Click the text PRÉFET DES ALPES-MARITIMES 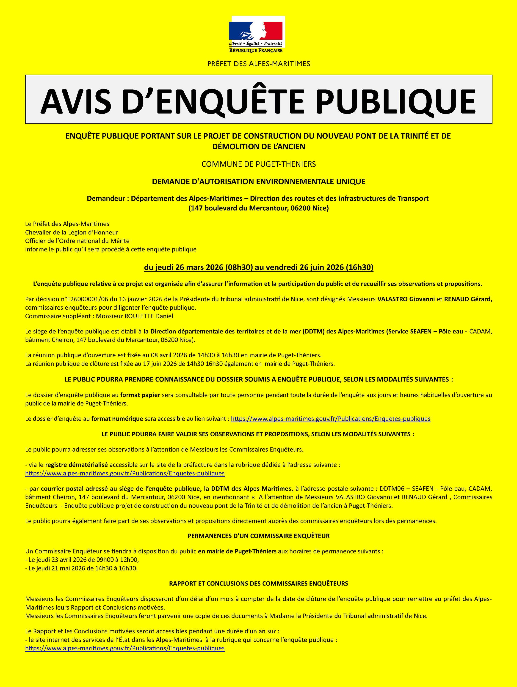pos(259,64)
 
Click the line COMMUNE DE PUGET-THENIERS pos(259,164)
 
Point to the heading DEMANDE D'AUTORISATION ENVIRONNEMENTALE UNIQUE pos(259,182)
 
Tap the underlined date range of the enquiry pos(259,267)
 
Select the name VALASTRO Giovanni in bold pos(406,299)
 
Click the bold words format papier pos(140,395)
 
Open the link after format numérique pos(330,419)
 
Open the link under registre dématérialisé pos(125,473)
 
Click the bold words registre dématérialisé pos(77,465)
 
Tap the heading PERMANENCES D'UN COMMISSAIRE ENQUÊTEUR pos(259,536)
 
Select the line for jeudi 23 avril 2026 pos(82,560)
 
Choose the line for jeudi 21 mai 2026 pos(81,568)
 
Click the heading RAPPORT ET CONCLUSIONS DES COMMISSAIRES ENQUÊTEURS pos(259,583)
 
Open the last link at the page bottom pos(125,648)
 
